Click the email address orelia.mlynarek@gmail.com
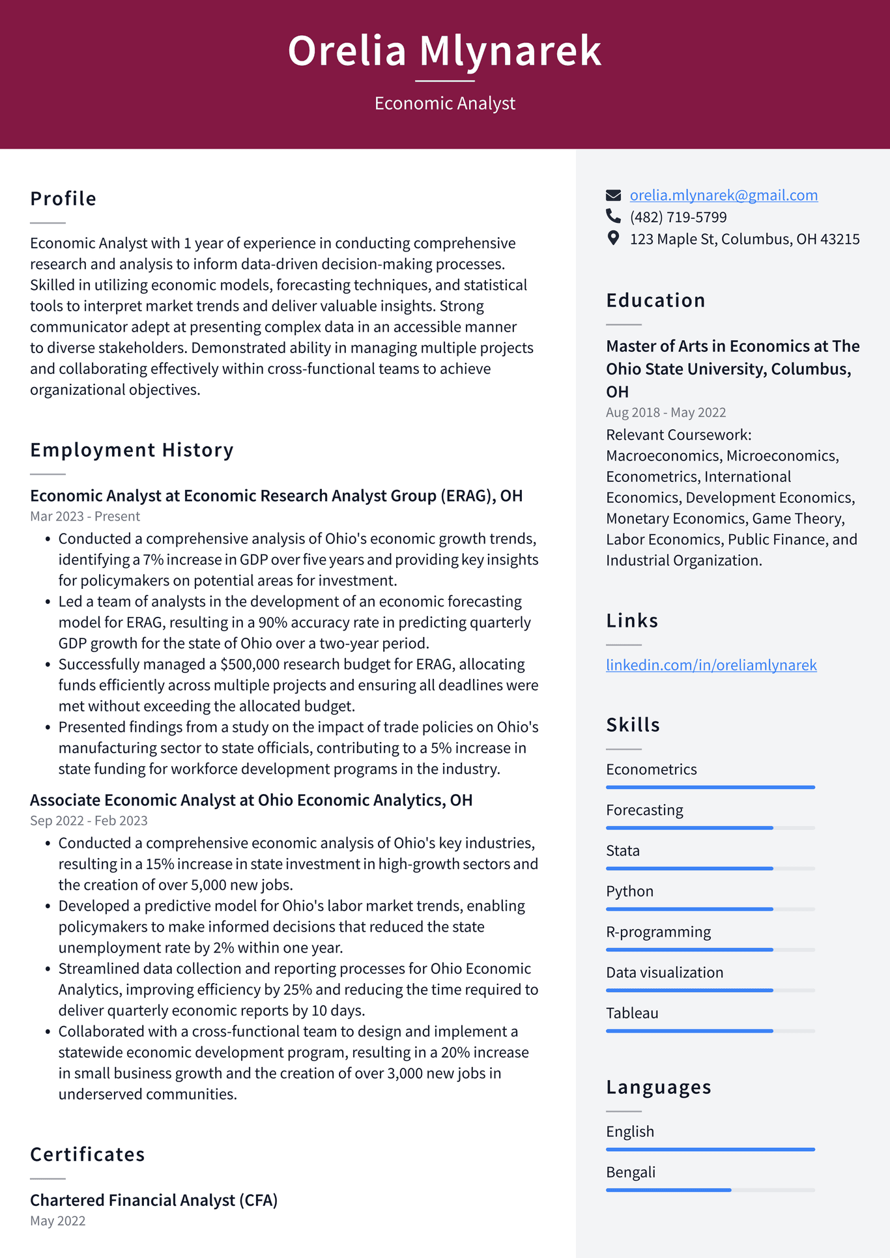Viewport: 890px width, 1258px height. pos(723,195)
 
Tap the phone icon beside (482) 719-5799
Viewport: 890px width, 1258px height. pos(613,216)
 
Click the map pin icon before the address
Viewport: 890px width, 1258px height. pos(613,238)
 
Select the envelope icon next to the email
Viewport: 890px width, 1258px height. pos(613,195)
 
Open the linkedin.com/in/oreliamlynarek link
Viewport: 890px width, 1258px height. pos(711,665)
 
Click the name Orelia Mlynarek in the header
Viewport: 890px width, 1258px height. pos(444,51)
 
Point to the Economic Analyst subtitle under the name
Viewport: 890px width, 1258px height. pos(444,104)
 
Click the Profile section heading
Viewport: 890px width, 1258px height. pos(63,199)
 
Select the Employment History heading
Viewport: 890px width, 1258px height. pos(132,450)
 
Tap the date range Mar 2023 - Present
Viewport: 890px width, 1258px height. pos(85,517)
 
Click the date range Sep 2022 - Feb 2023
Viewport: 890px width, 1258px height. pos(89,821)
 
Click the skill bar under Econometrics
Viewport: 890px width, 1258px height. pos(710,787)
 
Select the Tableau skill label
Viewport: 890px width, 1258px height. pos(632,1013)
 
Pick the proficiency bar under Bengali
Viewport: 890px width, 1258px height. pos(710,1190)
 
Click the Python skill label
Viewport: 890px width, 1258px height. pos(629,891)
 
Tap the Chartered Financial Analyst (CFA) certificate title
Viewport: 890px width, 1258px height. pos(154,1200)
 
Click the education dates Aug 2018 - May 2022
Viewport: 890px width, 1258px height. pos(665,412)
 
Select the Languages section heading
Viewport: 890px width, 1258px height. pos(658,1087)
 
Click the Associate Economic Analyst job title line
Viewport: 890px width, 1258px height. pos(251,800)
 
